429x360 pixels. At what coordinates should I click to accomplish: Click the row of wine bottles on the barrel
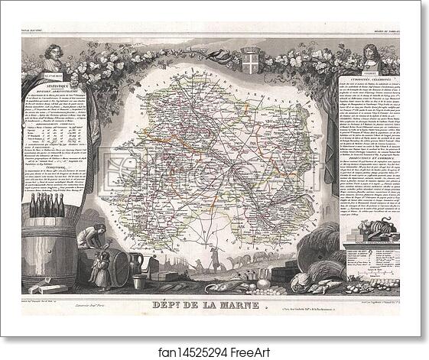[47, 205]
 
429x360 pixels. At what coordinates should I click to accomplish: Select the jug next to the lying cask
[136, 264]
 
